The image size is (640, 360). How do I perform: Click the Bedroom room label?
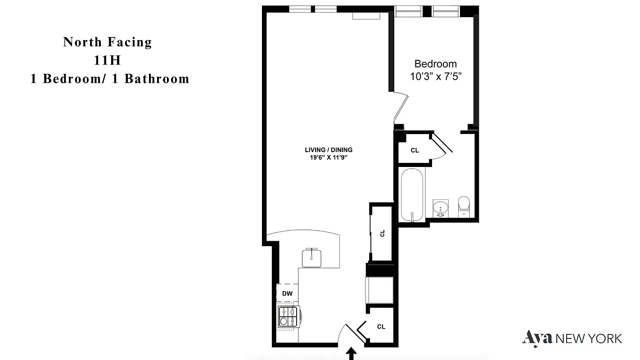435,64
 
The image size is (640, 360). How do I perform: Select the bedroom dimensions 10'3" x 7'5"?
435,76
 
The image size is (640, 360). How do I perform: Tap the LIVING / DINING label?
329,150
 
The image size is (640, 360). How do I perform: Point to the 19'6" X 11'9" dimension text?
329,157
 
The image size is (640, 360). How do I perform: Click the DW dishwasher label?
287,294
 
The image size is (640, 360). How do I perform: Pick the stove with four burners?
288,316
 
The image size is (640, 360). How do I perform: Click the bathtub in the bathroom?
412,194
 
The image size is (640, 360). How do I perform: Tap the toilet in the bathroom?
464,207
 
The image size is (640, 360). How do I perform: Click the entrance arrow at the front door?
352,353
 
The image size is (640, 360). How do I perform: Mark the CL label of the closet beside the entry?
381,327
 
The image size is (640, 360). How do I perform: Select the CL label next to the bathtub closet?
415,150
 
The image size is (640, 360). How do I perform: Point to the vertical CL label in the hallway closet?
382,233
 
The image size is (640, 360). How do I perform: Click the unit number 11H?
108,60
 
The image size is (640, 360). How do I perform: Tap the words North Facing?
108,42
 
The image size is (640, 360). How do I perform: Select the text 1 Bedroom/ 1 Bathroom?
109,79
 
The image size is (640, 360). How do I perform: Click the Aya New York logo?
572,338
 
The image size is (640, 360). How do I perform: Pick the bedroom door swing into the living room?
400,108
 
